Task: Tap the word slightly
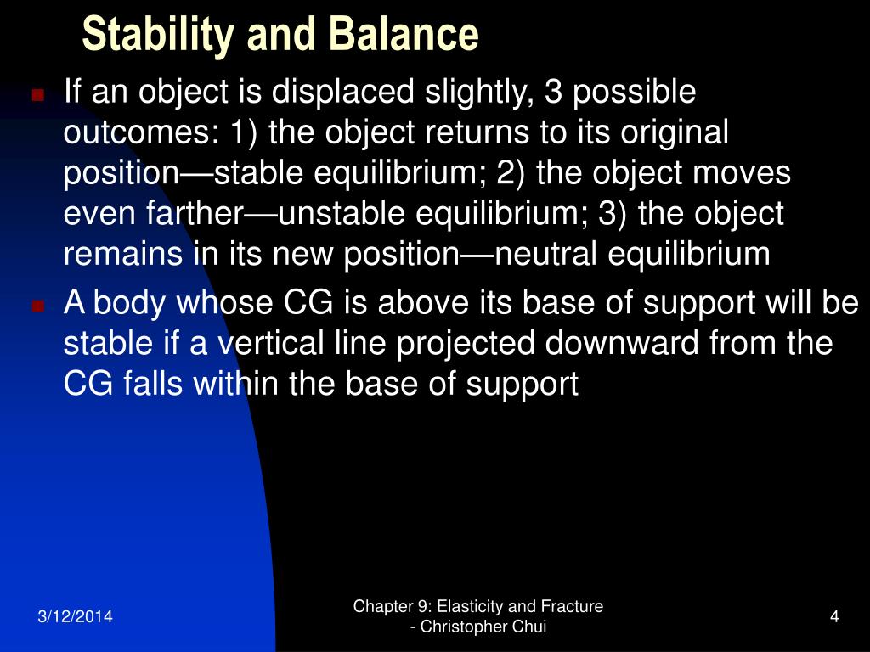click(x=478, y=92)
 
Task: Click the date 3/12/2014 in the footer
click(x=75, y=616)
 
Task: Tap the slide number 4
click(x=834, y=616)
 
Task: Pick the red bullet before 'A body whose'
click(x=37, y=306)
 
